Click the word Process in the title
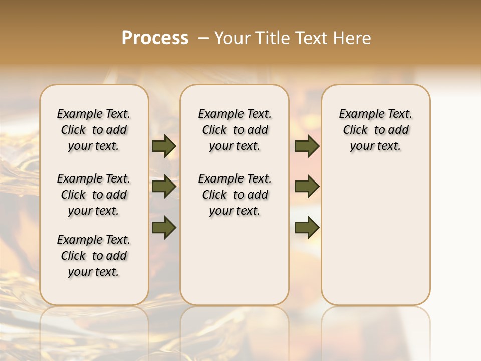tap(155, 38)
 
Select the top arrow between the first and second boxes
tap(164, 146)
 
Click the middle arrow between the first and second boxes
tap(164, 187)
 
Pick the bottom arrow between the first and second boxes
tap(164, 227)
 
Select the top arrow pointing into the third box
tap(307, 146)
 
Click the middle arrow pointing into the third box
tap(307, 187)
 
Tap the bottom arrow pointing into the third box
tap(307, 227)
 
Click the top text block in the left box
tap(94, 130)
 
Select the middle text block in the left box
tap(94, 195)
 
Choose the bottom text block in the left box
tap(94, 256)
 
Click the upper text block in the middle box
tap(234, 130)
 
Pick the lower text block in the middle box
tap(234, 195)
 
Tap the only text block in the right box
tap(375, 130)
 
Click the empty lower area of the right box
tap(375, 236)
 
